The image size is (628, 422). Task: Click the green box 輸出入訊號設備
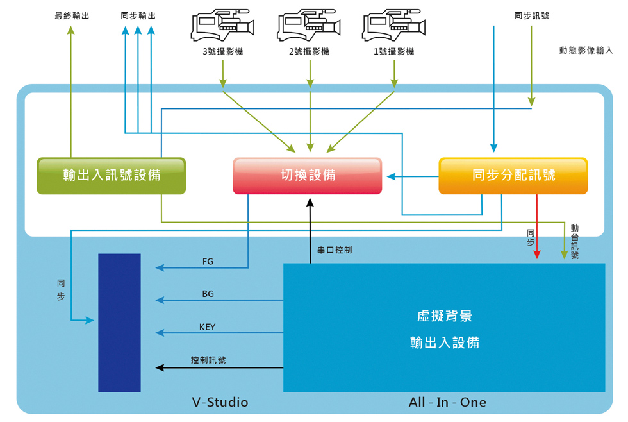pos(112,176)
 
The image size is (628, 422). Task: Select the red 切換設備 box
pos(307,176)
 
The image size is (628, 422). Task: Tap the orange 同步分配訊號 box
pos(513,176)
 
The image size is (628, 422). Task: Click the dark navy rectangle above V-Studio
pos(119,323)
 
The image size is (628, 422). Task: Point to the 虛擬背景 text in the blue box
pos(444,316)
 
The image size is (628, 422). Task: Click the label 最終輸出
pos(72,15)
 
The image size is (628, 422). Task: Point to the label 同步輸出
pos(138,15)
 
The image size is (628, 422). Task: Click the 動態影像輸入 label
pos(586,50)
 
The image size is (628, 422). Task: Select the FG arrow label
pos(208,261)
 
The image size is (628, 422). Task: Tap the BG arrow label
pos(208,294)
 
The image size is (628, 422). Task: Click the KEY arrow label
pos(208,327)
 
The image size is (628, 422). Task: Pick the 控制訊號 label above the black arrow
pos(208,360)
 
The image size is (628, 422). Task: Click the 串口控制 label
pos(334,250)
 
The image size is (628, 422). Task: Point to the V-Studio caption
pos(220,403)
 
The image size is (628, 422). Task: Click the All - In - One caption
pos(447,403)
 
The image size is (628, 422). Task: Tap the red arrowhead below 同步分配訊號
pos(537,255)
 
